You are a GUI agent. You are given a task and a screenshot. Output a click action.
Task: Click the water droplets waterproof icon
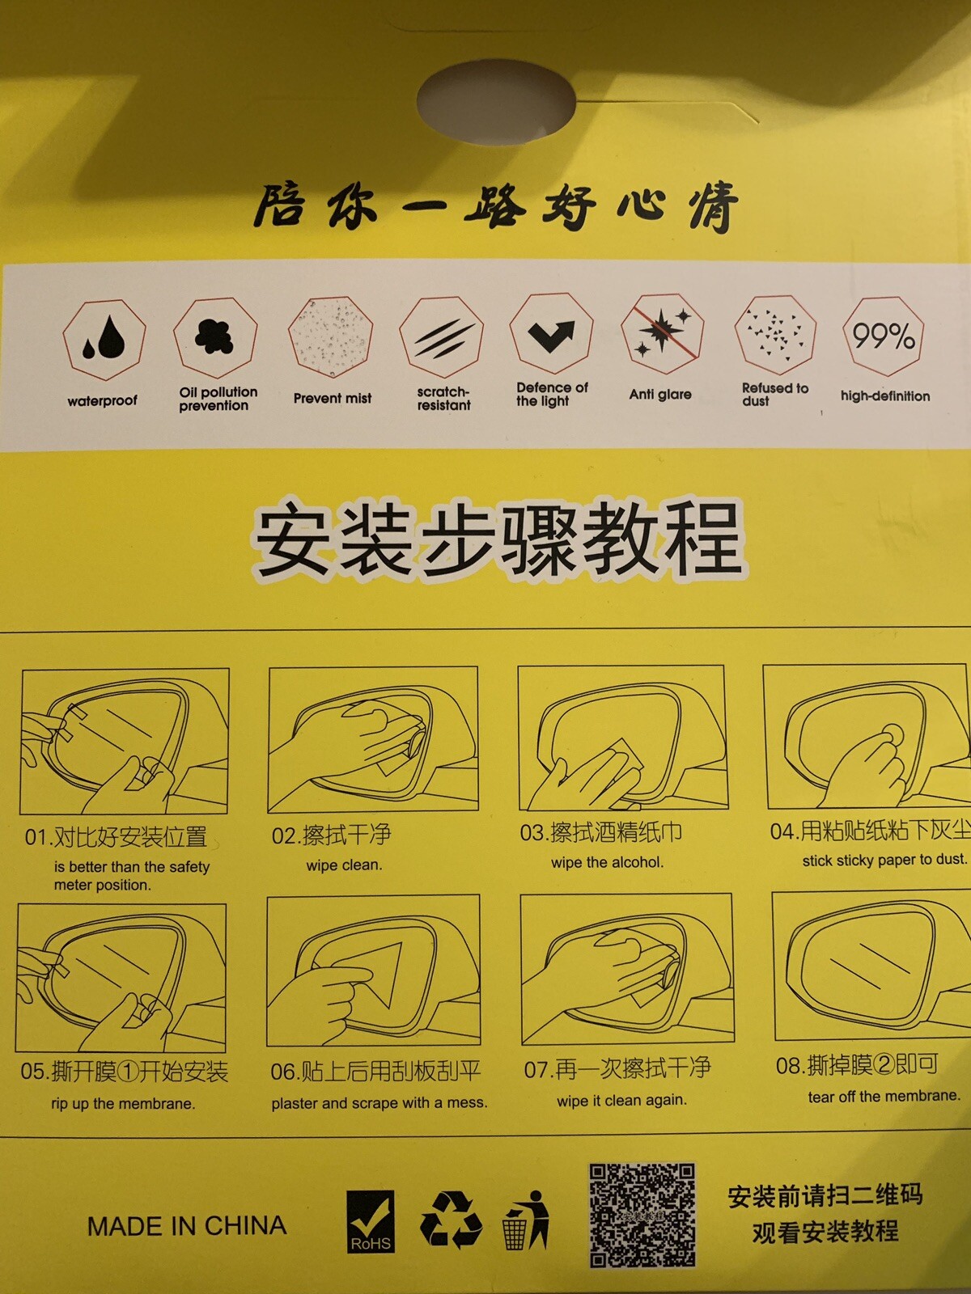click(104, 340)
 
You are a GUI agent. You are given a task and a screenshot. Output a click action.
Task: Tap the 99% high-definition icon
click(883, 336)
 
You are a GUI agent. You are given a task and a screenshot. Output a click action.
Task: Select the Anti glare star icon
click(662, 333)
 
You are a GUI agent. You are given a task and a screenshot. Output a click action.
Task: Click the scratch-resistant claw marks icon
click(442, 337)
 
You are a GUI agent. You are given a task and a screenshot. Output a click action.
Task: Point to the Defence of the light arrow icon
click(551, 334)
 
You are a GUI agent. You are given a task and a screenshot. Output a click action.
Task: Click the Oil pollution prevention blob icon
click(215, 337)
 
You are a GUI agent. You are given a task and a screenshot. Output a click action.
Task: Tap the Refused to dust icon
click(775, 335)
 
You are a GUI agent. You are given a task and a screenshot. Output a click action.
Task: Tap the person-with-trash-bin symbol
click(526, 1220)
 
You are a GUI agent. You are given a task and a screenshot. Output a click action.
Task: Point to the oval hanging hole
click(496, 101)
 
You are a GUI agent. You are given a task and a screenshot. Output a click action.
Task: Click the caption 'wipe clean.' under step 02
click(345, 865)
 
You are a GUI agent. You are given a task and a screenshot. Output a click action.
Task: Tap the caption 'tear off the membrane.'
click(884, 1096)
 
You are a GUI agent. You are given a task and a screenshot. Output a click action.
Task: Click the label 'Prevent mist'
click(333, 399)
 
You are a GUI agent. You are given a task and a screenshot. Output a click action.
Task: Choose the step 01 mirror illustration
click(125, 741)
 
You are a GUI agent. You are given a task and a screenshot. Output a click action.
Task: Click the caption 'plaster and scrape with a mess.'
click(379, 1103)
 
